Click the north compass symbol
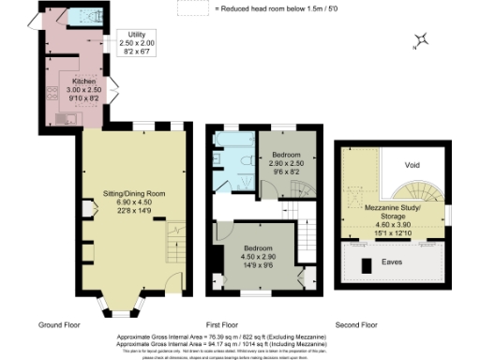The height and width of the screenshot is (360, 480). [423, 40]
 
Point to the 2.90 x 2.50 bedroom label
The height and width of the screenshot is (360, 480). [286, 160]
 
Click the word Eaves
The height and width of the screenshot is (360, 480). [394, 262]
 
